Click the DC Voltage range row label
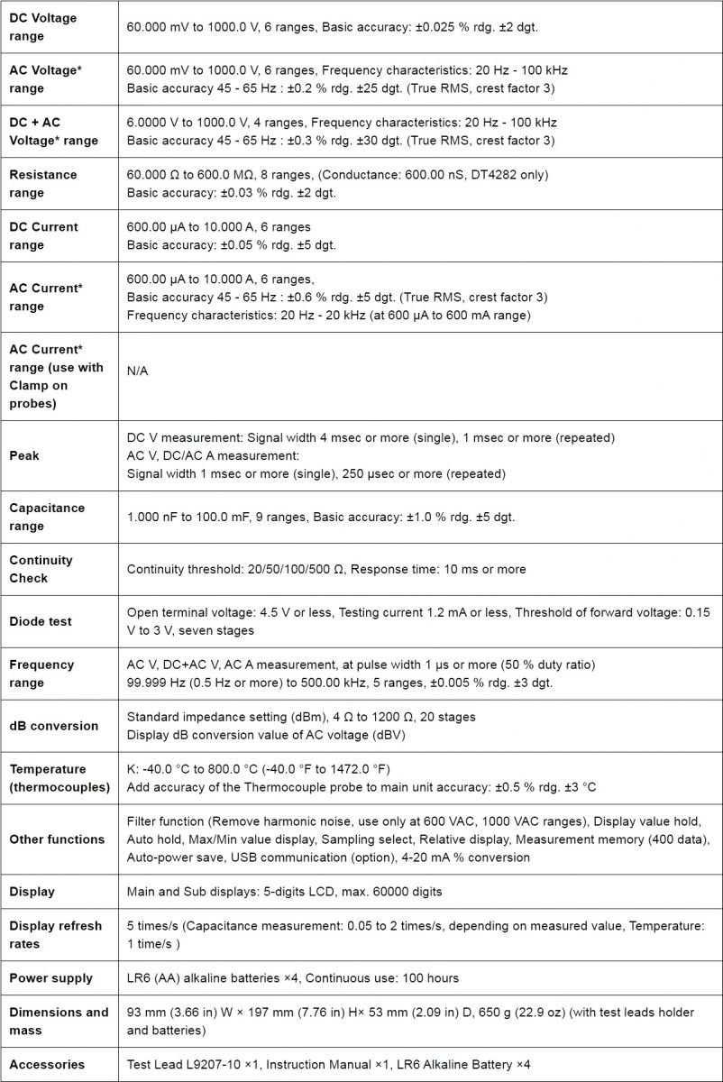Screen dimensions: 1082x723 coord(42,27)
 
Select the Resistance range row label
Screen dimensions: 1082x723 coord(42,183)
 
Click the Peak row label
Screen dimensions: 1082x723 coord(24,455)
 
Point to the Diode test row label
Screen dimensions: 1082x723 coord(41,621)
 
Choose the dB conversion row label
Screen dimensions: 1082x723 coord(52,726)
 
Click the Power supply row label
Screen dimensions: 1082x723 coord(50,978)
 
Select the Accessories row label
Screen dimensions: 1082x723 coord(47,1064)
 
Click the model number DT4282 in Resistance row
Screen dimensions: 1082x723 coord(495,174)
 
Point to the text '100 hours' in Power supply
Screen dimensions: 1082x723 coord(431,978)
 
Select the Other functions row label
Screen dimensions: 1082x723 coord(57,839)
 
